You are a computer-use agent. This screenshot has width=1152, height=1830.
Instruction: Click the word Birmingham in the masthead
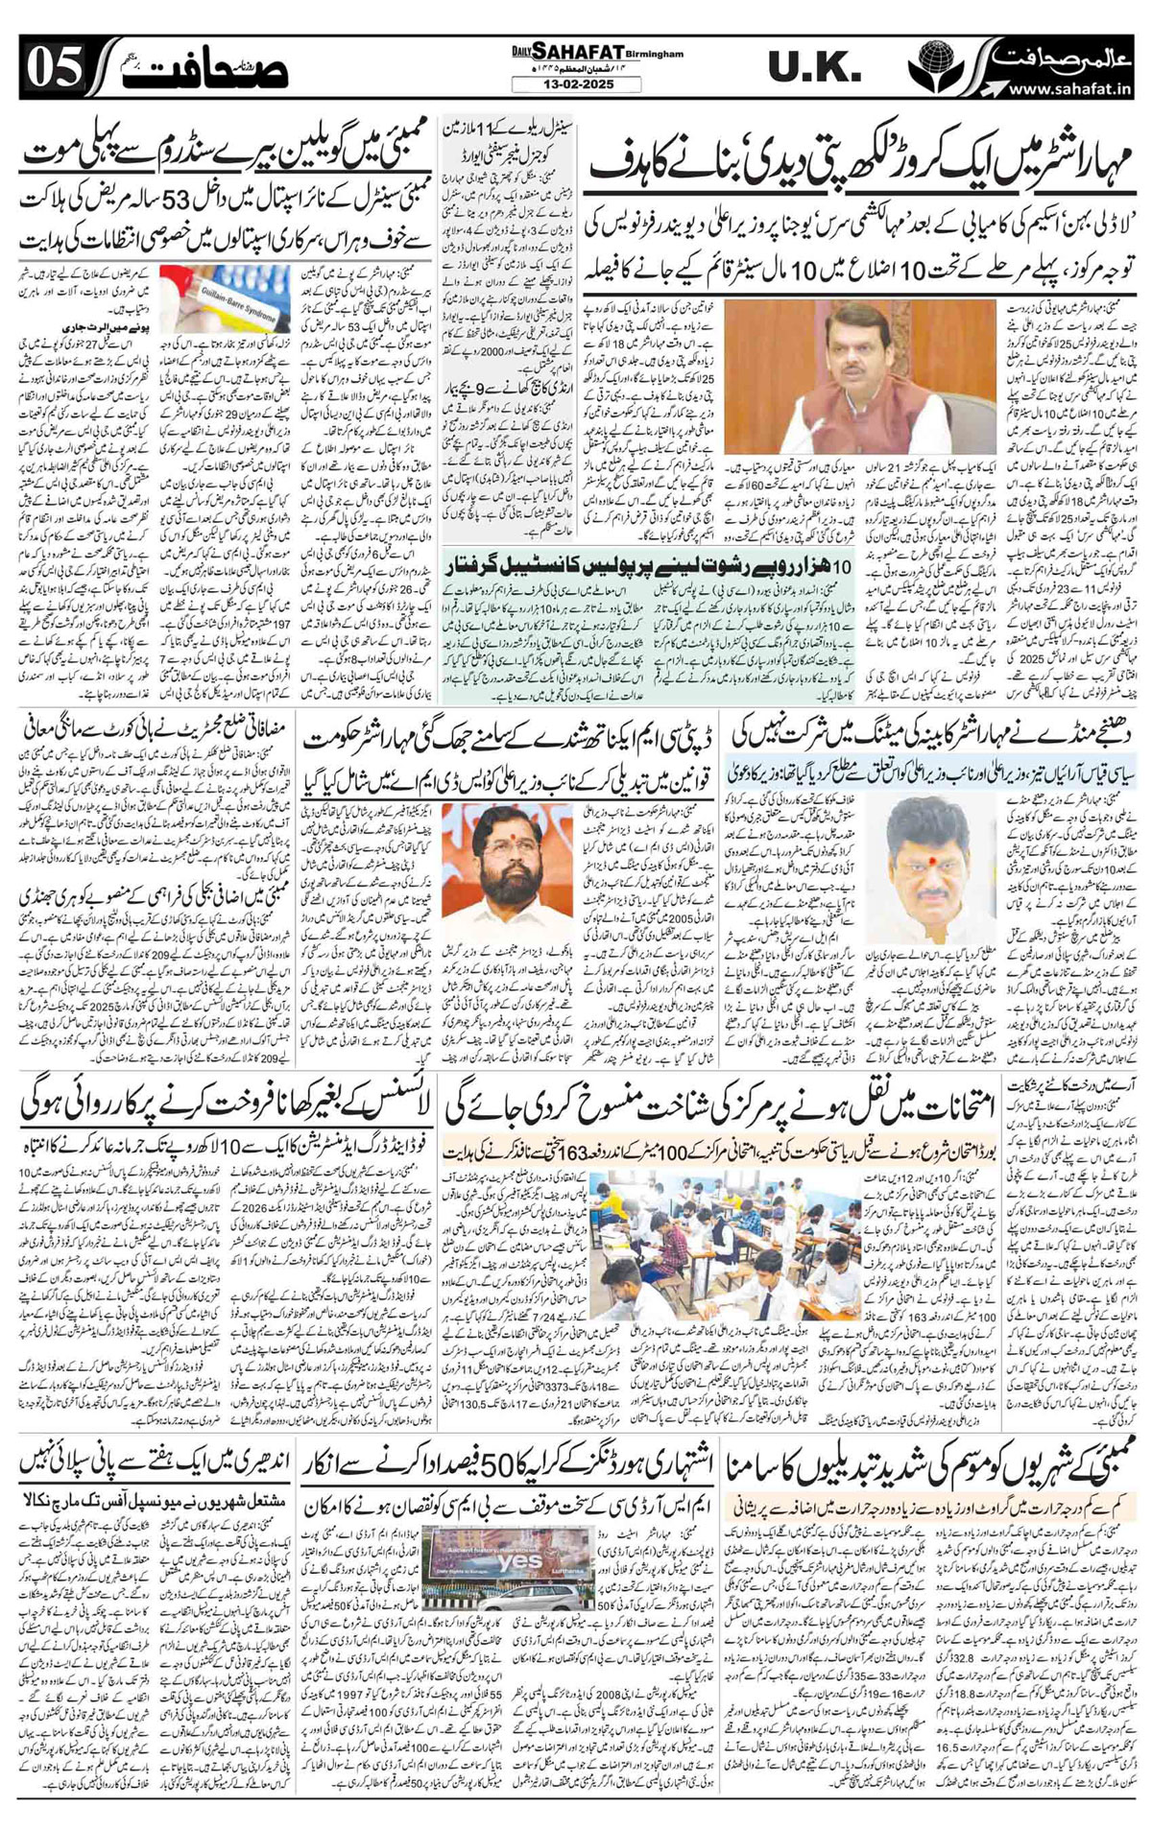click(x=656, y=54)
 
